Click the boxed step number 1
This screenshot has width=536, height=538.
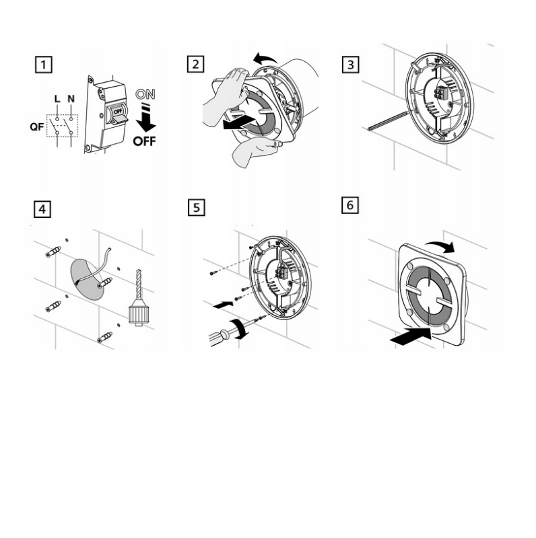pos(44,65)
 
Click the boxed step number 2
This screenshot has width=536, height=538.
pos(195,64)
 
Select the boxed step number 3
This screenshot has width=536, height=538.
pos(350,65)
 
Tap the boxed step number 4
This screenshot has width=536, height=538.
pos(42,209)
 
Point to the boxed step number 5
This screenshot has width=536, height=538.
pos(197,208)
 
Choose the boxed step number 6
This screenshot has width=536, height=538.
pos(350,205)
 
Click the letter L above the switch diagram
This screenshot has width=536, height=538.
pos(57,99)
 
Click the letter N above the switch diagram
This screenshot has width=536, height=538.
pos(71,99)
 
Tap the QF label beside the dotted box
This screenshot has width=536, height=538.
pos(37,127)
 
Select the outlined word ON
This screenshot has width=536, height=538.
pos(145,94)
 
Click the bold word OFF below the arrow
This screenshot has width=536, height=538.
pos(144,141)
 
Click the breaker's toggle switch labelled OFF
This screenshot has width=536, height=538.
pos(119,115)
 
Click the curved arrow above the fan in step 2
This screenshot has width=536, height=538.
pos(265,59)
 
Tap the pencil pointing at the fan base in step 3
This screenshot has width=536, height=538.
pos(389,120)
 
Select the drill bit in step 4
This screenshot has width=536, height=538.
pos(139,284)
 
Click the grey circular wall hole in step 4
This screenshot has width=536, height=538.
pos(88,279)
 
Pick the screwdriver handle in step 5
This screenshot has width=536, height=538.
pos(220,337)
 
